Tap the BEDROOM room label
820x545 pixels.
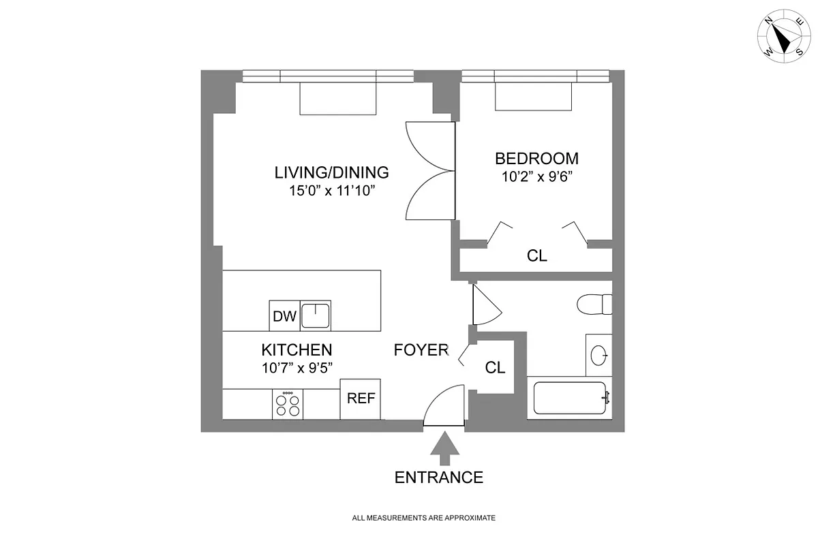point(536,159)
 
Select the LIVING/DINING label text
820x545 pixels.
point(331,172)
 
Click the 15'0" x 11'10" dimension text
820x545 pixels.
point(332,191)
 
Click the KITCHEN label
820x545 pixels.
point(297,350)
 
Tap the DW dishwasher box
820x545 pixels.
point(284,316)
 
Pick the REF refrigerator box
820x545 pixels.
point(361,399)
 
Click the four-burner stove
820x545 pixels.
point(288,405)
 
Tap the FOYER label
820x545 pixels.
point(421,350)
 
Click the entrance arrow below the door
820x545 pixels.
point(444,449)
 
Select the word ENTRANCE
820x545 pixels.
point(439,478)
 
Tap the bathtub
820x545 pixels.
point(570,398)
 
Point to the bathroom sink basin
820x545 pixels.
point(598,355)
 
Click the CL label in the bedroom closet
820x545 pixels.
point(536,257)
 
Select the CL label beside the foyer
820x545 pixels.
point(495,368)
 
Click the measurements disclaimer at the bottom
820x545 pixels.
point(423,518)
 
